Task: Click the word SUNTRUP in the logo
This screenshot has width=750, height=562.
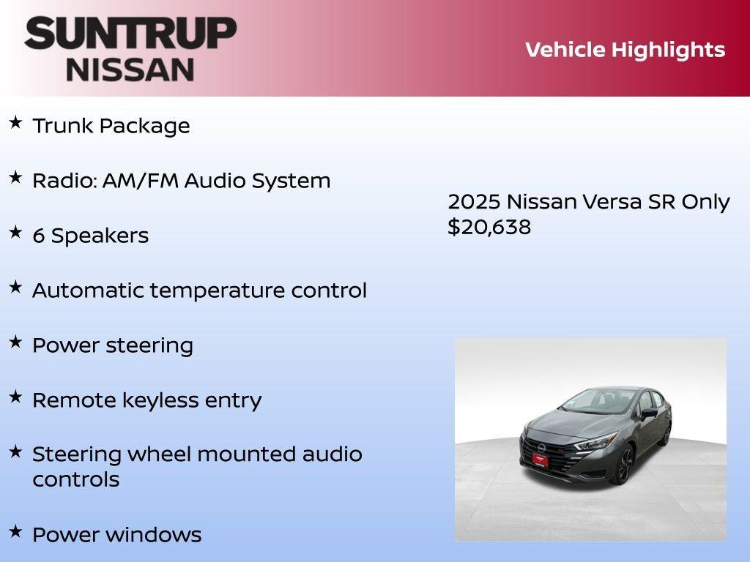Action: (130, 34)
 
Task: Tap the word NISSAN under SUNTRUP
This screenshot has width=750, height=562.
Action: (130, 70)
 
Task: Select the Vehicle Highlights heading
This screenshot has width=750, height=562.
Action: (625, 50)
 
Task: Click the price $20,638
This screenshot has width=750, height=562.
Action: (489, 227)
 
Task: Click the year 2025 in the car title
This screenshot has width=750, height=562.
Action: (474, 202)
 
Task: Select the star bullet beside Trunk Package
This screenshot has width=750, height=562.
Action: (15, 122)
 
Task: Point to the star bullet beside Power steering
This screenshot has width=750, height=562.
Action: (15, 342)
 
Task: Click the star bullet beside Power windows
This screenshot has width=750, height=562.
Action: (15, 531)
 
